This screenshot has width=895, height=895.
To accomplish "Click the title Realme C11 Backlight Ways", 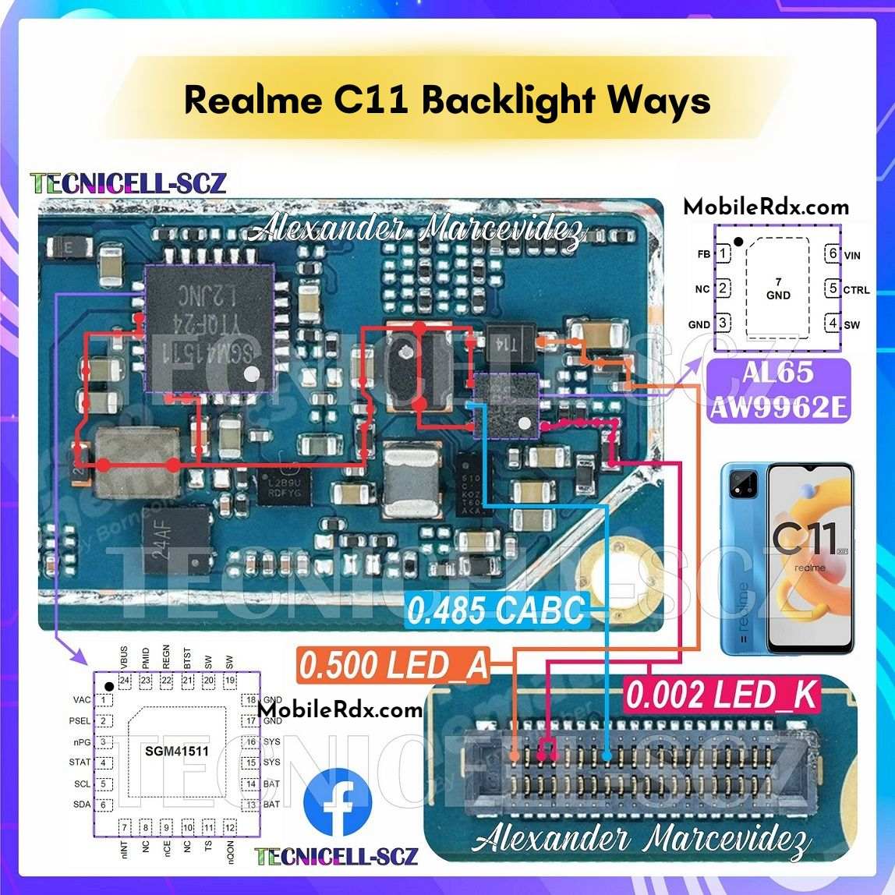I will (447, 101).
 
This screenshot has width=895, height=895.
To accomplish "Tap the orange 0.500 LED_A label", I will (394, 666).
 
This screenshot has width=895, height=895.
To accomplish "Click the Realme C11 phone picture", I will (787, 557).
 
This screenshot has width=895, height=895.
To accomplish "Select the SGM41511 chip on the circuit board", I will (209, 328).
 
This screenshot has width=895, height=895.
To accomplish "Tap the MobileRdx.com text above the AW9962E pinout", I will (766, 207).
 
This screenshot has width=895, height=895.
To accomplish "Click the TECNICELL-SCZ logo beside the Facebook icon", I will (337, 856).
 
